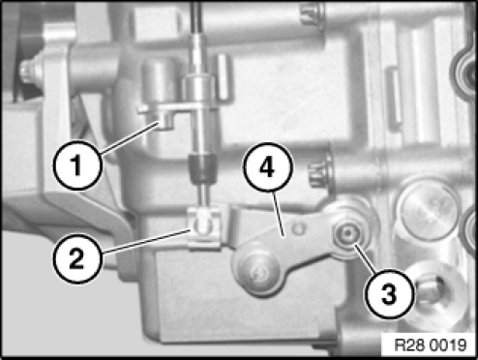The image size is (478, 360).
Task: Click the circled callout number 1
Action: coord(77,165)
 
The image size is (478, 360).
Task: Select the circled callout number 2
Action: coord(77,258)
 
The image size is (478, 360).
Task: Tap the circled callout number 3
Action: coord(389,294)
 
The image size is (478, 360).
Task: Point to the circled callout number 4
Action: coord(268,167)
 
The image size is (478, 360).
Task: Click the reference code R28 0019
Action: coord(431,345)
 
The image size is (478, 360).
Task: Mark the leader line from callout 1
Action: coord(131,137)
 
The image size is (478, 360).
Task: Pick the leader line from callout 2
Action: coord(145,241)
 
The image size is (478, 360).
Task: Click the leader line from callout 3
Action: coord(365,258)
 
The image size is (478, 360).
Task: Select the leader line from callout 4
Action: coord(279,214)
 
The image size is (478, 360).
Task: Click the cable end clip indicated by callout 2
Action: coord(204,228)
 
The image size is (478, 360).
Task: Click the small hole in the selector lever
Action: coord(299,229)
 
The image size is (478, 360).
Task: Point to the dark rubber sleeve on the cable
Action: coord(202,168)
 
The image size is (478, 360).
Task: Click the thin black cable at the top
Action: coord(196,17)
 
